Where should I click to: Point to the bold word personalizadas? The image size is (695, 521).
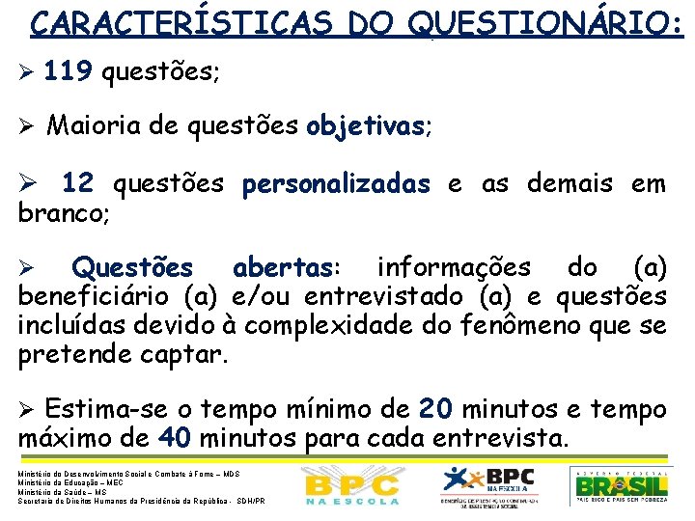(x=337, y=183)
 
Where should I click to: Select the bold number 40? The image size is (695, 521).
(x=176, y=439)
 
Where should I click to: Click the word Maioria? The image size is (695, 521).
(x=94, y=126)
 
